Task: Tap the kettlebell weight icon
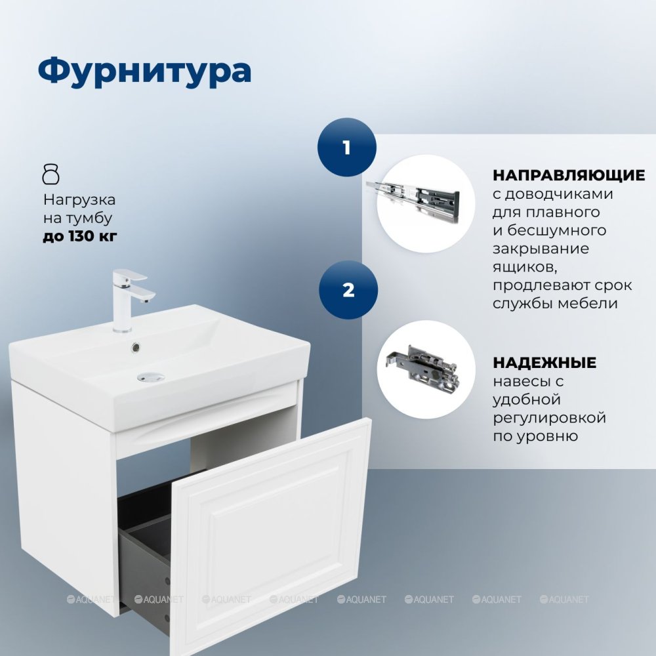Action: click(x=51, y=174)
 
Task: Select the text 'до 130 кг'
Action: click(x=80, y=236)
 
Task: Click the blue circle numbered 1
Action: click(x=347, y=147)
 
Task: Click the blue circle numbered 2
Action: click(x=348, y=290)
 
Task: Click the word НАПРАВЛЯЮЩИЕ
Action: click(x=569, y=175)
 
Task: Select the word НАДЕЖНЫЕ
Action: click(x=544, y=362)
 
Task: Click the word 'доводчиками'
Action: click(x=559, y=195)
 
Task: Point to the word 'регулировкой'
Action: click(x=549, y=418)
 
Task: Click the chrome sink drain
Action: click(x=151, y=377)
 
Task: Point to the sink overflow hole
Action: click(x=136, y=346)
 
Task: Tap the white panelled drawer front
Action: click(x=271, y=537)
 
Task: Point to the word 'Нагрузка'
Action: click(x=79, y=200)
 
